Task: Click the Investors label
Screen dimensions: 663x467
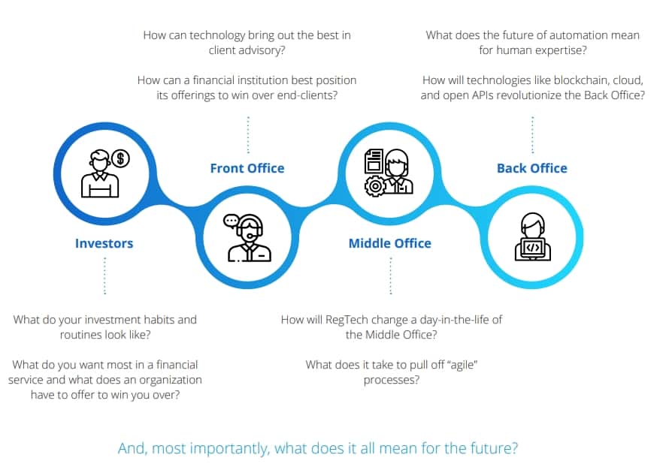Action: point(104,243)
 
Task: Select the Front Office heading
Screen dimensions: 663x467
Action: point(247,168)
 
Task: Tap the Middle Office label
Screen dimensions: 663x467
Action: point(390,243)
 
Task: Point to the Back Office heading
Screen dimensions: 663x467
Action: point(532,168)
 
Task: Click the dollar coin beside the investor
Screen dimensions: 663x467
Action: point(121,158)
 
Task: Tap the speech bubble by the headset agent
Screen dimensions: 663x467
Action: point(231,221)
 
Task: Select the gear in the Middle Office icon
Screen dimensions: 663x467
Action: point(374,185)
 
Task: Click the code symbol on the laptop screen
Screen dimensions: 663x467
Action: point(533,248)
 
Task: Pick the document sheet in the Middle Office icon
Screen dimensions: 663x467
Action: point(374,161)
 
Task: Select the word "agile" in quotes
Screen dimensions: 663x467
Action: point(462,365)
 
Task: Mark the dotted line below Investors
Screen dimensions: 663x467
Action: point(105,276)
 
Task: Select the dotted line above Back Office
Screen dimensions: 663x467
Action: point(532,134)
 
